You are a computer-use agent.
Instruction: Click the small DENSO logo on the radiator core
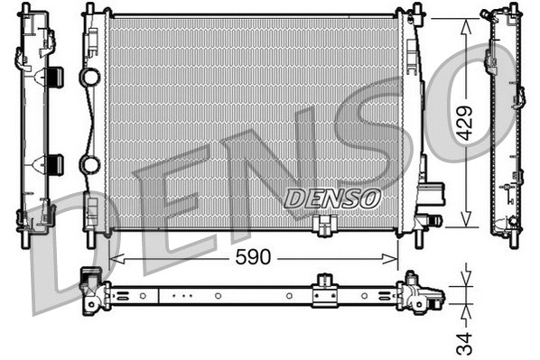332,197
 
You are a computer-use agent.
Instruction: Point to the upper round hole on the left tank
90,78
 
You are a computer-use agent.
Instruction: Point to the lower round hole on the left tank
90,164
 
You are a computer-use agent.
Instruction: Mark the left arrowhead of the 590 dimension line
112,259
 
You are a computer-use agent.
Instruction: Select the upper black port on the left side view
53,77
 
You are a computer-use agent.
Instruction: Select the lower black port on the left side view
53,164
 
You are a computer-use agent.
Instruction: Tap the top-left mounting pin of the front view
89,11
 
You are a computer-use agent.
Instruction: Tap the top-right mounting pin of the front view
416,11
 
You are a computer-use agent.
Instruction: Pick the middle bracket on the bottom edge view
323,293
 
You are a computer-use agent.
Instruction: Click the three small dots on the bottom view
182,294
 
